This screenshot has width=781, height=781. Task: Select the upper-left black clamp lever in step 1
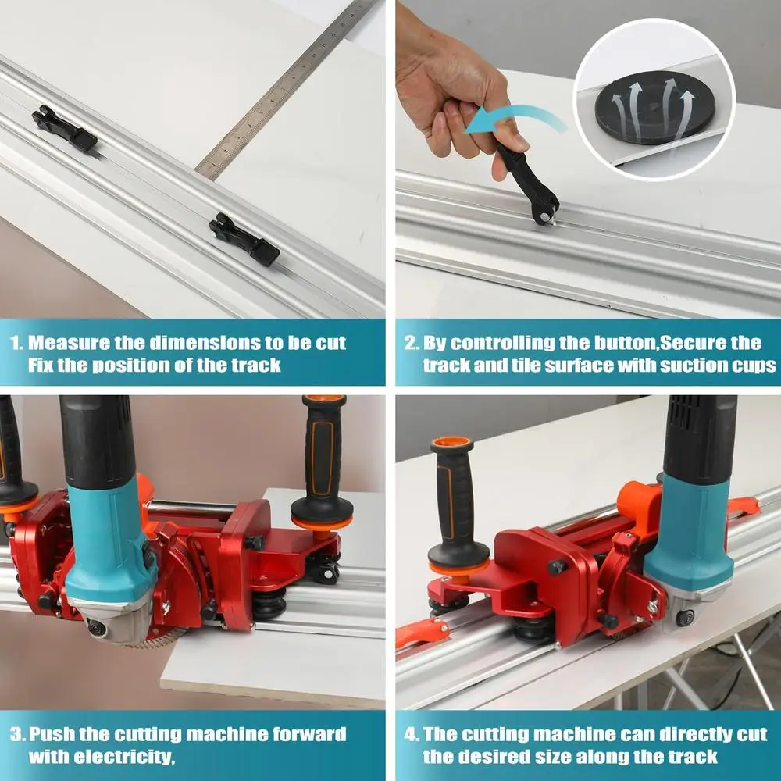tap(64, 129)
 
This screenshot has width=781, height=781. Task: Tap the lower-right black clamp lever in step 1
tap(244, 239)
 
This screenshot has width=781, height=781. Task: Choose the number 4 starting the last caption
tap(408, 735)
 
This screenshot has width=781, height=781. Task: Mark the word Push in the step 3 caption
tap(52, 735)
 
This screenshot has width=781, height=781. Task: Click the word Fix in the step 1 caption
tap(41, 365)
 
